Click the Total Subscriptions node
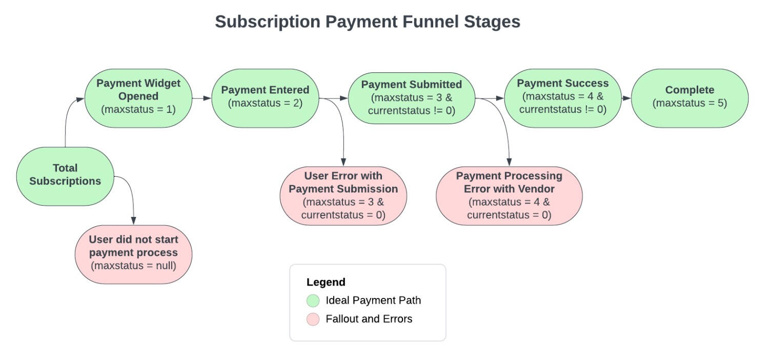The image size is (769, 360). tap(65, 176)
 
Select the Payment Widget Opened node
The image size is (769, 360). tap(138, 98)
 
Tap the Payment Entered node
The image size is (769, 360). tap(266, 98)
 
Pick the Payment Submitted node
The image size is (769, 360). tap(412, 98)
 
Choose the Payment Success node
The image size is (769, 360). tap(563, 98)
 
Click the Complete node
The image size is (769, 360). tap(690, 98)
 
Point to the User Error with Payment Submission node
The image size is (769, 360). tap(343, 196)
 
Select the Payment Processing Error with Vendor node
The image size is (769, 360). tap(509, 196)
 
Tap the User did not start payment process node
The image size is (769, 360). tap(133, 254)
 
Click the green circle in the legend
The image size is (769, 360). tap(313, 301)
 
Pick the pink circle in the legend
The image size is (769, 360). tap(313, 319)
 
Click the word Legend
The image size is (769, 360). tap(326, 282)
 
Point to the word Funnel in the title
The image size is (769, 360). tap(431, 22)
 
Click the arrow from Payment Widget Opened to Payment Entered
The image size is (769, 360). tap(202, 98)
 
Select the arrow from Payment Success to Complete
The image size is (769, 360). tap(626, 98)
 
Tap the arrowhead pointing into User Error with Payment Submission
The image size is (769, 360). tap(343, 162)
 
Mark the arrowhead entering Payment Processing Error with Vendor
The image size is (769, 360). tap(509, 162)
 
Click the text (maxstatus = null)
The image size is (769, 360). tap(133, 266)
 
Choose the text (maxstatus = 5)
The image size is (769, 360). tap(690, 103)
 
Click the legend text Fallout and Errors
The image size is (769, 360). tap(369, 319)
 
